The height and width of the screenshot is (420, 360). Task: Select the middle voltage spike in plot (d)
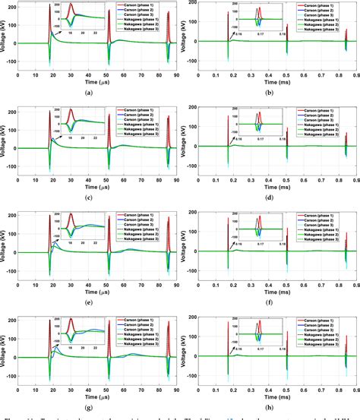(x=287, y=131)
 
